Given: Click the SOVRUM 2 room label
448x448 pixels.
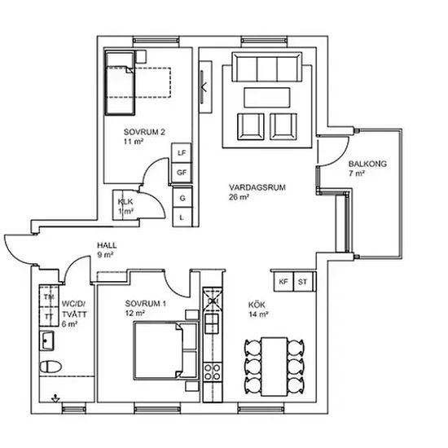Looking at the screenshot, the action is tap(144, 132).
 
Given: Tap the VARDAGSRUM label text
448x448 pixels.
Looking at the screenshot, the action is tap(257, 187).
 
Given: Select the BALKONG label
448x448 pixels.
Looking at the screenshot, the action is tap(367, 164).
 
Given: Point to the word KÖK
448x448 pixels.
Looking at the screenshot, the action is tap(257, 305).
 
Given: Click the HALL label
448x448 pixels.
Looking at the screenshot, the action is tap(107, 245).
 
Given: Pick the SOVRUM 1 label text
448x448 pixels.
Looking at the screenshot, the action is tap(146, 304).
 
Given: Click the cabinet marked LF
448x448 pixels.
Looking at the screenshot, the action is tap(182, 153).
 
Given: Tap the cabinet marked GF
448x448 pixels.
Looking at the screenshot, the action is tap(182, 173).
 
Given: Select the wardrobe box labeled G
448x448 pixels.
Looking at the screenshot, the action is tap(182, 198).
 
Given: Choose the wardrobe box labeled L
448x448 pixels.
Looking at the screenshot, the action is tap(182, 217).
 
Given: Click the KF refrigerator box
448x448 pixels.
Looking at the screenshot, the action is tap(283, 282).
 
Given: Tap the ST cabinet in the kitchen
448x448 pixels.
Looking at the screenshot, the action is tap(303, 282).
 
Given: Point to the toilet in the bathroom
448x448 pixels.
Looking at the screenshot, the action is tap(51, 367).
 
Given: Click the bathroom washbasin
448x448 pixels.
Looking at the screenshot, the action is tap(46, 340).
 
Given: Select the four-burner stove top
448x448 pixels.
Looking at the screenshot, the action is tap(212, 371).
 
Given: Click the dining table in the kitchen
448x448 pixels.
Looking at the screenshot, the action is tap(275, 367).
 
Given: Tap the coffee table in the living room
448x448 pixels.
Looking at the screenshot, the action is tap(267, 98).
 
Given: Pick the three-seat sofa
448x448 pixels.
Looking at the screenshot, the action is tap(267, 67).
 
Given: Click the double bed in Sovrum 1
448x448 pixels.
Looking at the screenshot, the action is tap(165, 350).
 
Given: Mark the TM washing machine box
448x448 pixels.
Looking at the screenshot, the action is tap(49, 296).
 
